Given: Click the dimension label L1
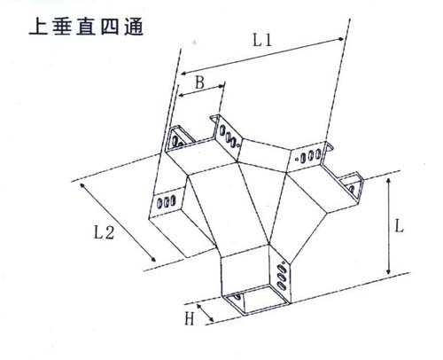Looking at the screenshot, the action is tap(262, 40).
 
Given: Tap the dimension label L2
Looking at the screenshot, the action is tap(104, 232).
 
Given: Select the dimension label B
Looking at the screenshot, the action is tap(199, 82).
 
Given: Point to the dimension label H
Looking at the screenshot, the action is tap(190, 319).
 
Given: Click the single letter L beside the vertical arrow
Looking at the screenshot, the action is tap(399, 226).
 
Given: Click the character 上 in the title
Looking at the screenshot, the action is tap(38, 27).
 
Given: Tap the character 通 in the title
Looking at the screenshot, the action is tap(134, 27).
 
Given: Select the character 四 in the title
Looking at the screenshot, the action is tap(110, 27).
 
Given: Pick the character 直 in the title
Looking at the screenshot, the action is tap(86, 27).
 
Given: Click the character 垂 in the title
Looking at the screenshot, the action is tap(62, 27).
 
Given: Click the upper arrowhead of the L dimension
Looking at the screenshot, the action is tap(389, 181).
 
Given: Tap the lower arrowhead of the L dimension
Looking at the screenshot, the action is tap(389, 270).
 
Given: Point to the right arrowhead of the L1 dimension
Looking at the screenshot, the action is tap(340, 39).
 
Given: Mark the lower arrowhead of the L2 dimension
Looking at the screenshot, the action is tap(153, 259).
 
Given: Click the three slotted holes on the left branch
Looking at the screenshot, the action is tap(166, 202).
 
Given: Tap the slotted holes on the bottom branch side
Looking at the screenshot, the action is tap(282, 276).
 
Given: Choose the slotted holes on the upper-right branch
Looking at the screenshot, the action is tap(311, 156).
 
